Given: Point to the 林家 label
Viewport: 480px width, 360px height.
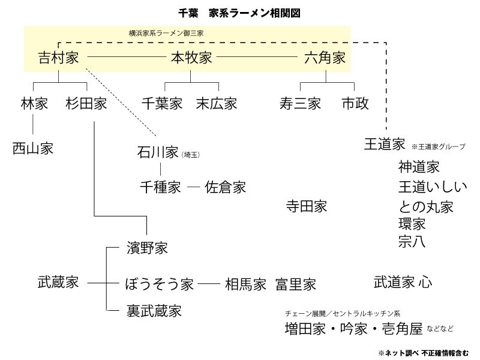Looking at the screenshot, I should [x=33, y=103].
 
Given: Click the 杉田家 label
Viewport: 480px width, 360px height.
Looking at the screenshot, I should [x=86, y=103].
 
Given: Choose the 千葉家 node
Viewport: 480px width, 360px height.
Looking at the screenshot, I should [x=162, y=103].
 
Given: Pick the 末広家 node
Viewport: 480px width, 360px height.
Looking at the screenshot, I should [x=217, y=103].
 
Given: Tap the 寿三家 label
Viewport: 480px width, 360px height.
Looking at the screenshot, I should [x=300, y=103].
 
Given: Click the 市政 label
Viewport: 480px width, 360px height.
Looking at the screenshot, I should [x=355, y=103].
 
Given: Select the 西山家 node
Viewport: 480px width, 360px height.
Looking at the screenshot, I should [x=33, y=148].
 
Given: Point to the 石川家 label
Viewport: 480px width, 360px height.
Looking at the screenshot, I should [x=157, y=153].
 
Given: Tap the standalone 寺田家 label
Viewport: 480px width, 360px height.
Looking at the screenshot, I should [x=307, y=206].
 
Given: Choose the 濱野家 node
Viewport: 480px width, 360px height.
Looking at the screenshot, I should [x=147, y=247].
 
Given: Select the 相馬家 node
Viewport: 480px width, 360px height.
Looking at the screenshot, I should [x=245, y=283].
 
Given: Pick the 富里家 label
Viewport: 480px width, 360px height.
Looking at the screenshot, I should [x=296, y=283].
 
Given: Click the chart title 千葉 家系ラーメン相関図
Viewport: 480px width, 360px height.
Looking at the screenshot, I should [x=239, y=11].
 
